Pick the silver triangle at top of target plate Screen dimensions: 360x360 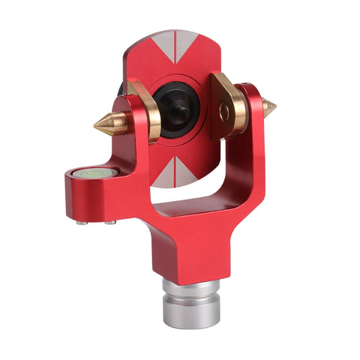click(175, 45)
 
